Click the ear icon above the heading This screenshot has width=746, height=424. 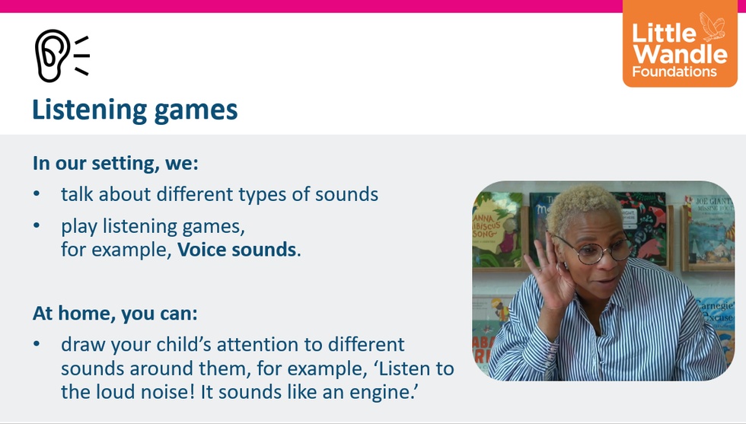62,56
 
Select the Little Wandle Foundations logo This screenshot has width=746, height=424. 680,44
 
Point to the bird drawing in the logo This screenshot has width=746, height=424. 712,27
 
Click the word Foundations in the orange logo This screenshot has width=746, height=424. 674,72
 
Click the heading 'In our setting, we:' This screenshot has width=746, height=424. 115,163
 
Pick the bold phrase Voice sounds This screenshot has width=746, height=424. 237,250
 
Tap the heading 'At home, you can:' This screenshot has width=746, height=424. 115,314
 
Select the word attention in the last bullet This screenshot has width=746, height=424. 270,345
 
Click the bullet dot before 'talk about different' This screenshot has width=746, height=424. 37,194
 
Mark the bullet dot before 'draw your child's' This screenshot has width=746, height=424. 37,344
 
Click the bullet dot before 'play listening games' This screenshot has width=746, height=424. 37,225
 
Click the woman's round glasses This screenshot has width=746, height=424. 595,249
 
